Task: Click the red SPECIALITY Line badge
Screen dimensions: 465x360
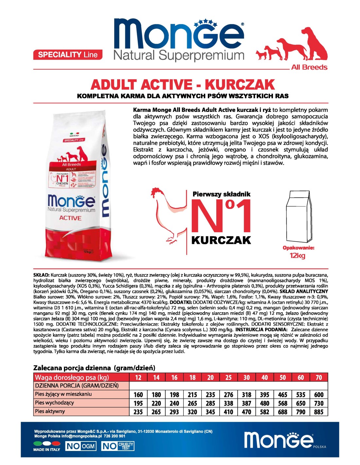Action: pyautogui.click(x=68, y=55)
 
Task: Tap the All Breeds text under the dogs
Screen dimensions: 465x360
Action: pyautogui.click(x=309, y=67)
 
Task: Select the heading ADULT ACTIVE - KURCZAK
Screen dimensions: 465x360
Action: pyautogui.click(x=183, y=85)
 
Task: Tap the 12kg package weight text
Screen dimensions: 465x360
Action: pyautogui.click(x=297, y=255)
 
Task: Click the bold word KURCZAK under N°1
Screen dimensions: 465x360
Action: pyautogui.click(x=221, y=240)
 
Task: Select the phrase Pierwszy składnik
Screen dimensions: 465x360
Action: pyautogui.click(x=222, y=194)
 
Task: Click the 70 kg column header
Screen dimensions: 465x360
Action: pyautogui.click(x=319, y=377)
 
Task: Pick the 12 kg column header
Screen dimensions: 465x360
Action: pyautogui.click(x=138, y=377)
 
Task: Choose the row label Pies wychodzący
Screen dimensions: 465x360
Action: pyautogui.click(x=55, y=403)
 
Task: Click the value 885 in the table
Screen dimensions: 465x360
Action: pyautogui.click(x=319, y=412)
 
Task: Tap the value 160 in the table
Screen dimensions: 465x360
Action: pyautogui.click(x=138, y=395)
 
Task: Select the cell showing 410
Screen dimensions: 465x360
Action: pyautogui.click(x=228, y=412)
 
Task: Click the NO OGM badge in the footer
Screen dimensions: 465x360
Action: pyautogui.click(x=81, y=446)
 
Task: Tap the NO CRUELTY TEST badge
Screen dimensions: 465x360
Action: pyautogui.click(x=117, y=446)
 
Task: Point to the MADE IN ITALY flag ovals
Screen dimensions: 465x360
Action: pyautogui.click(x=47, y=443)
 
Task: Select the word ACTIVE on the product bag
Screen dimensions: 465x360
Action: pyautogui.click(x=70, y=218)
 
